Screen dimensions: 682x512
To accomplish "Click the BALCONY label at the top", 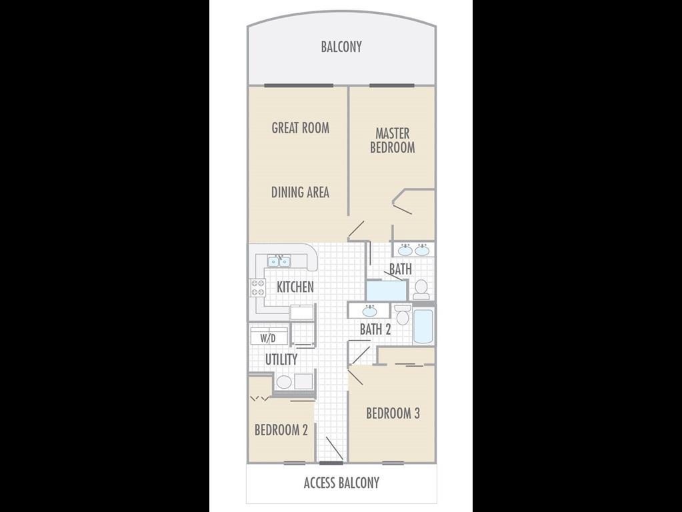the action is click(x=341, y=47).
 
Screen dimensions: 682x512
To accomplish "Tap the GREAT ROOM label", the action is click(x=301, y=128).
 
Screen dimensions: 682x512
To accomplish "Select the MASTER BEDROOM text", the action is click(x=392, y=140).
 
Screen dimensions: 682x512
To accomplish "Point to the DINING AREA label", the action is click(x=300, y=192).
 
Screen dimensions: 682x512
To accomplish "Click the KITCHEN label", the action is click(x=295, y=287).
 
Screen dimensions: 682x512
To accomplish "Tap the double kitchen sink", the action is click(x=279, y=261).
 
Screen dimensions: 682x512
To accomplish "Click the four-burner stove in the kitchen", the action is click(x=257, y=287).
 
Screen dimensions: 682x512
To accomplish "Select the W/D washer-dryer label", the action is click(x=268, y=338).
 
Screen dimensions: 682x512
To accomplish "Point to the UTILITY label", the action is click(x=281, y=360).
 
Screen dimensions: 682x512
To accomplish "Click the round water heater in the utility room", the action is click(x=284, y=382).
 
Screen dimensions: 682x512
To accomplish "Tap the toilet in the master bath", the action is click(x=421, y=289).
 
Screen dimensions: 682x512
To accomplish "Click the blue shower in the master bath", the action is click(x=387, y=291).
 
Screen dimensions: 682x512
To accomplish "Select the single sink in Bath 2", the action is click(x=370, y=311).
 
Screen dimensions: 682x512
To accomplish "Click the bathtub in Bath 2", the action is click(x=423, y=326).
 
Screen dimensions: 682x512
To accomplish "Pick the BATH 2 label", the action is click(x=375, y=329).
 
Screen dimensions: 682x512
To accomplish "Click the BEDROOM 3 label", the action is click(x=393, y=413).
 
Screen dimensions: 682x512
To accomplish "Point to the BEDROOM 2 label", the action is click(x=281, y=430).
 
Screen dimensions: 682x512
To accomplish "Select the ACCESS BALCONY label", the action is click(x=341, y=483).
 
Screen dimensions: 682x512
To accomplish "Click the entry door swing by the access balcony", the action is click(x=335, y=449).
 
